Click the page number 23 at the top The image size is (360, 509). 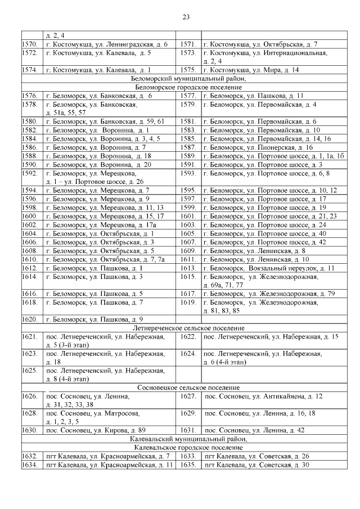tap(186, 17)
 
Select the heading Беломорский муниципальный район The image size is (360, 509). tap(188, 79)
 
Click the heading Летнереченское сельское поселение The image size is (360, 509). tap(188, 328)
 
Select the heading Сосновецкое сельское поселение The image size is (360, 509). tap(188, 388)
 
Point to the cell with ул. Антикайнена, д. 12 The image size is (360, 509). tap(263, 397)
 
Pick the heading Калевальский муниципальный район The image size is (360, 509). tap(188, 439)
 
